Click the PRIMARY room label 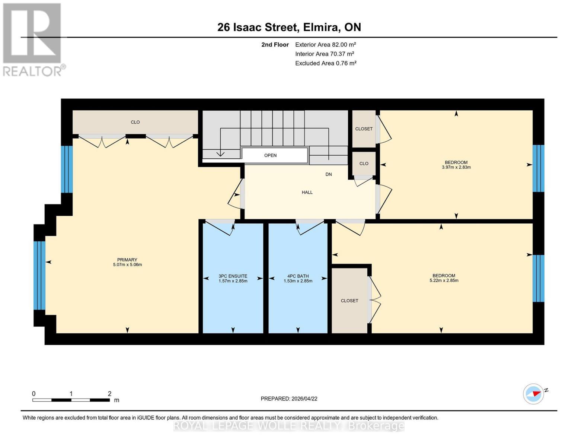pos(127,260)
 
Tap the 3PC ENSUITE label pos(233,276)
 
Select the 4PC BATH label pos(298,276)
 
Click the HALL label pos(307,193)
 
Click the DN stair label pos(328,174)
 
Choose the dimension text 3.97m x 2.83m pos(456,168)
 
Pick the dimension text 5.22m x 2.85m pos(444,280)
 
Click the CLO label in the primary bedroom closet pos(135,122)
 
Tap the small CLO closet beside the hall pos(364,164)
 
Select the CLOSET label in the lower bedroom pos(349,301)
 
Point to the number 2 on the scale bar pos(109,394)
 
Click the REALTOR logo pos(33,39)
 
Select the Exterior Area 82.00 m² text pos(326,45)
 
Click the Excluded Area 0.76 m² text pos(326,63)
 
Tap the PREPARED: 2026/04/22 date pos(289,399)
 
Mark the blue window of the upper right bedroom pos(538,168)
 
